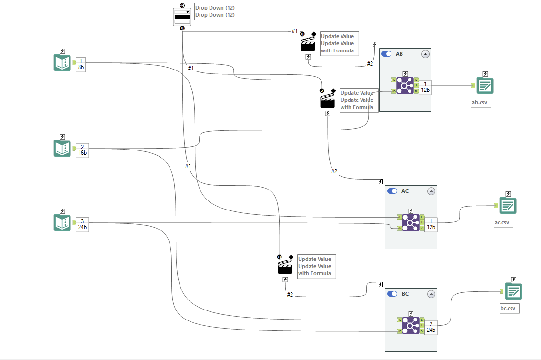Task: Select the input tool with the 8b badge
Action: click(x=62, y=63)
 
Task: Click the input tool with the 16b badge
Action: click(x=62, y=148)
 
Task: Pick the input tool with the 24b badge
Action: click(x=62, y=223)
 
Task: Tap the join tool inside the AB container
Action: click(x=405, y=86)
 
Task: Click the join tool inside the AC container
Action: click(x=411, y=222)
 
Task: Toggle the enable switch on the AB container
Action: click(x=387, y=54)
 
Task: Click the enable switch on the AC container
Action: click(x=392, y=191)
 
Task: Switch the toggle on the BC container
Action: click(x=392, y=294)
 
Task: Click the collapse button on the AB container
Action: click(x=425, y=54)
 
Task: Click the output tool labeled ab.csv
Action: click(x=485, y=86)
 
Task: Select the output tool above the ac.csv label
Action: click(x=508, y=205)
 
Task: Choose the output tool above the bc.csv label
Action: click(x=513, y=291)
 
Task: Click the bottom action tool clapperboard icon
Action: click(x=285, y=268)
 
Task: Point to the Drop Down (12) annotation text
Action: click(x=215, y=11)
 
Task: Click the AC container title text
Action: click(x=405, y=191)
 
